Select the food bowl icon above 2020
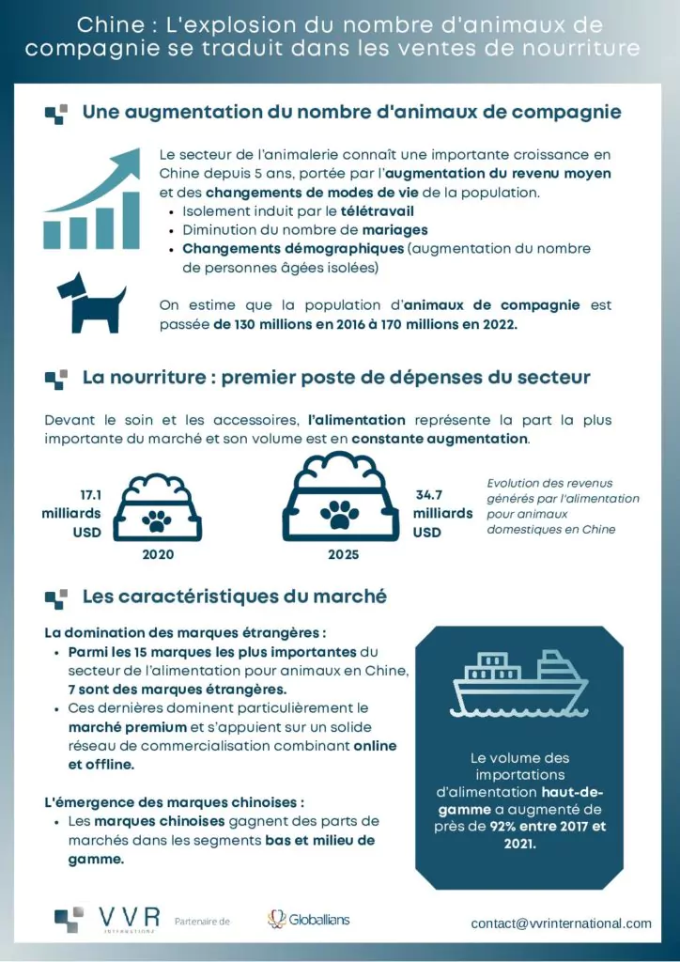(x=157, y=508)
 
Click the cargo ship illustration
(x=520, y=687)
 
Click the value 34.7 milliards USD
(x=441, y=513)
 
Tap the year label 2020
(x=157, y=554)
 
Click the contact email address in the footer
(x=561, y=923)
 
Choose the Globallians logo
(x=308, y=919)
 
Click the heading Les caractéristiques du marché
(x=235, y=597)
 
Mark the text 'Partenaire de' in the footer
(x=202, y=922)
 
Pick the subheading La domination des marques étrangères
(x=185, y=632)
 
